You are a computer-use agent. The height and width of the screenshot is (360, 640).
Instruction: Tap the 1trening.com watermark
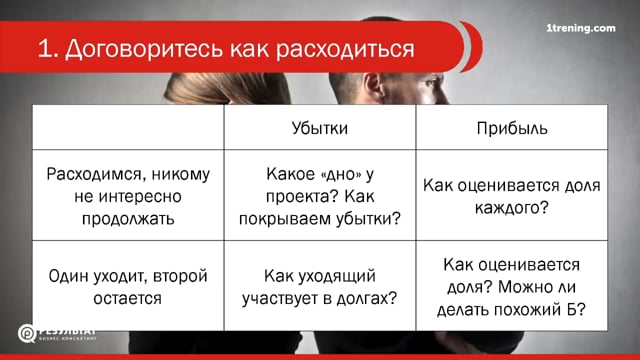tap(582, 29)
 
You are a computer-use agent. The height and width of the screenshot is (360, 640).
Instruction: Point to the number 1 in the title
tap(44, 49)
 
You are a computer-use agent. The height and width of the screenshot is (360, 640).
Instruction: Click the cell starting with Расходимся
tap(128, 195)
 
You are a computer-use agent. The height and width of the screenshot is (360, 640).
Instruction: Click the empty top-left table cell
tap(128, 129)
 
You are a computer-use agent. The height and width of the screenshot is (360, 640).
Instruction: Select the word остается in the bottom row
tap(129, 297)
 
